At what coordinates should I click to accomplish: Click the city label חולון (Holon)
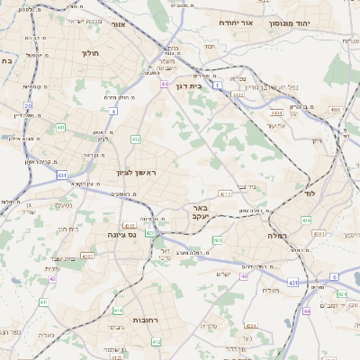(90, 53)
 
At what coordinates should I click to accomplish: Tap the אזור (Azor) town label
(117, 24)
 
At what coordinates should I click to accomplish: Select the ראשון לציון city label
(136, 172)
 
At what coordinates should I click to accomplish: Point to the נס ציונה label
(121, 235)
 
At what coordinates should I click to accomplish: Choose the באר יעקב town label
(200, 211)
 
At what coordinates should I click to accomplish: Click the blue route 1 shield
(218, 85)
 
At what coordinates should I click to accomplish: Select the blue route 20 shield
(28, 105)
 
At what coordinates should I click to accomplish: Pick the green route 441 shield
(60, 128)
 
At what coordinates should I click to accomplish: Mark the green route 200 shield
(217, 240)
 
